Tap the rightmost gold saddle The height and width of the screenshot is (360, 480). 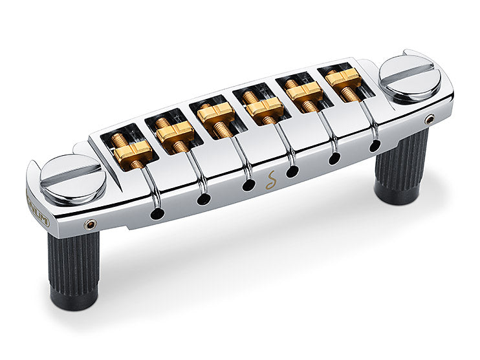(344, 78)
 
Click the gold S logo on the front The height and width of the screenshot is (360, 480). (269, 182)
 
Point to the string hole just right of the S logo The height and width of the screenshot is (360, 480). (292, 171)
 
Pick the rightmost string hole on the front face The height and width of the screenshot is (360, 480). (375, 145)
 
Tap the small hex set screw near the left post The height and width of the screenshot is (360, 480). (89, 224)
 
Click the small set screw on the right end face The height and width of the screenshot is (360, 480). (430, 118)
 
